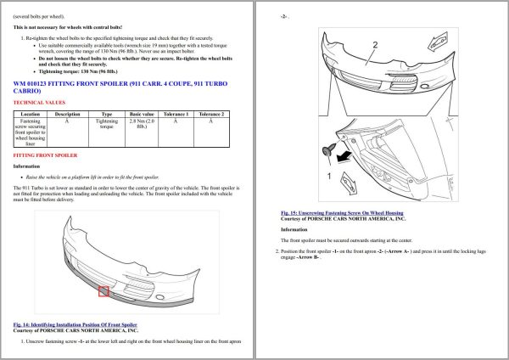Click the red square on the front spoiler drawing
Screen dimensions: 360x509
pos(103,291)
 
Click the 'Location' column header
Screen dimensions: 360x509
pos(31,113)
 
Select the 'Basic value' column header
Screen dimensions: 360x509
pos(142,113)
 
